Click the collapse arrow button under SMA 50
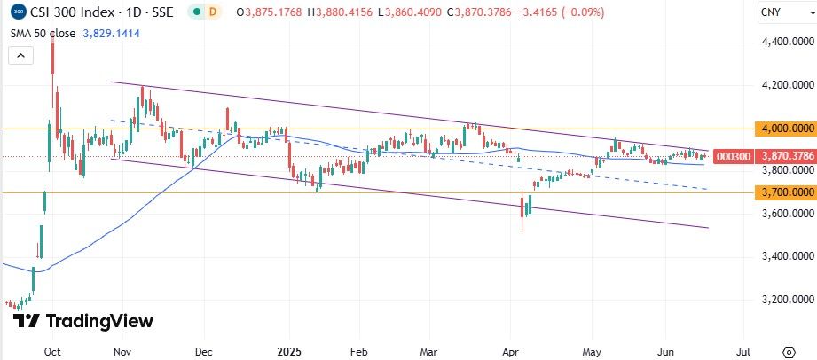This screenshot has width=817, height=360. [19, 54]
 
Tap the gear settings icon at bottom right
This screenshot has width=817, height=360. [787, 352]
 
